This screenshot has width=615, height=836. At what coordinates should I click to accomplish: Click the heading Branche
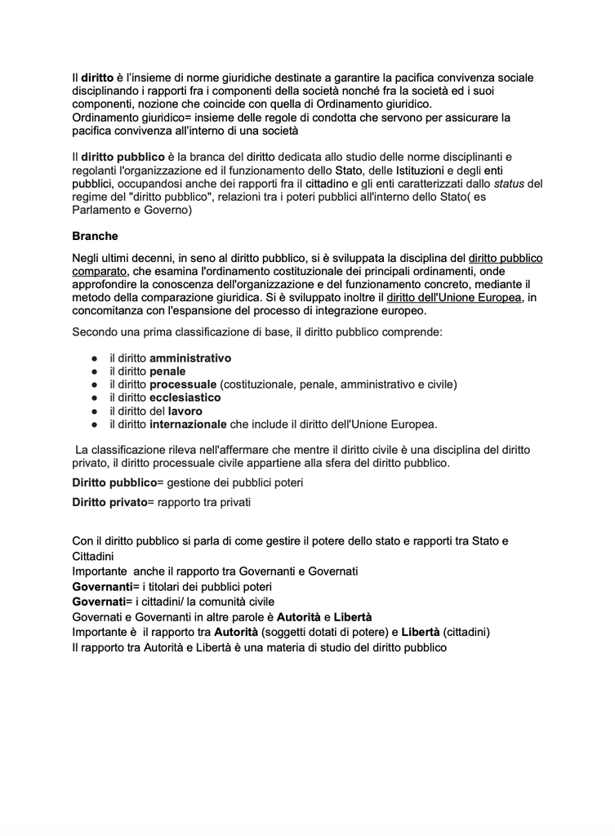click(x=95, y=237)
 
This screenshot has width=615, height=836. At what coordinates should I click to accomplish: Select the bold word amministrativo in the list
click(x=190, y=358)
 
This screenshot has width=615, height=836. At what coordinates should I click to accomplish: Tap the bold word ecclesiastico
click(x=185, y=398)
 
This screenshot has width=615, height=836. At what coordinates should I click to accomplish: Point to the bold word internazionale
click(x=188, y=424)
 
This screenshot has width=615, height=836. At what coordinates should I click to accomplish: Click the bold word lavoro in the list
click(x=185, y=411)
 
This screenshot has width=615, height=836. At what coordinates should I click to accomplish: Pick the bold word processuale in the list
click(x=183, y=385)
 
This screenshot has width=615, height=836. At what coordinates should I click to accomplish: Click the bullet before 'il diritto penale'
click(x=95, y=371)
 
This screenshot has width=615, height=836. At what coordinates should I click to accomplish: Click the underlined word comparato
click(x=100, y=271)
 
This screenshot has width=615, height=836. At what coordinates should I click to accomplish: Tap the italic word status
click(x=510, y=184)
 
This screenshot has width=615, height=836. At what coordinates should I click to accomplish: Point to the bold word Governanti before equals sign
click(x=102, y=586)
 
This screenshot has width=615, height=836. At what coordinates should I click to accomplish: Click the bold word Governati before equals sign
click(x=99, y=601)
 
